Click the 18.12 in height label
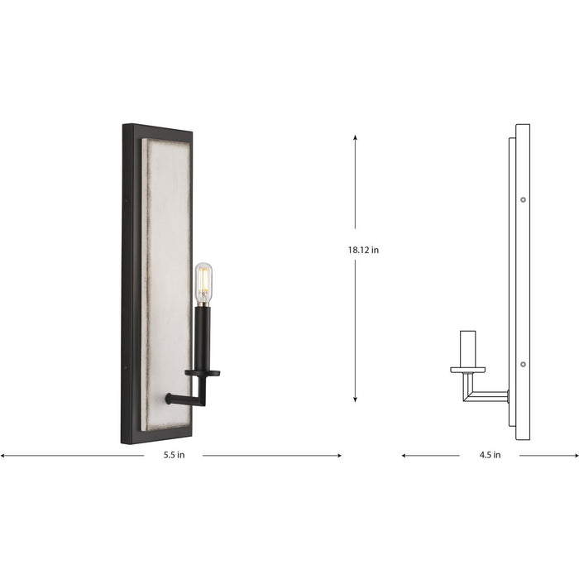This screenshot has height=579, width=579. click(x=364, y=250)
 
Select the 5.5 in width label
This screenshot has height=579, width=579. click(x=175, y=456)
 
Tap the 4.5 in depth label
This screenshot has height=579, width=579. click(x=490, y=456)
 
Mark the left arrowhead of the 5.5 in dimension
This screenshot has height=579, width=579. click(x=3, y=455)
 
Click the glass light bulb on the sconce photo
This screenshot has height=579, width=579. click(x=203, y=283)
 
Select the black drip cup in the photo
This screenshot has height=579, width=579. click(x=203, y=374)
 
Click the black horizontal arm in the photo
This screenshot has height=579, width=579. click(x=184, y=400)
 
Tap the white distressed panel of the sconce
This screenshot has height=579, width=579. click(x=165, y=248)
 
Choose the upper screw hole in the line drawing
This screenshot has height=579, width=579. click(x=523, y=199)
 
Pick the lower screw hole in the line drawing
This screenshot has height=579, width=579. click(x=523, y=364)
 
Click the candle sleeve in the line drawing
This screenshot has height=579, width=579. click(x=468, y=347)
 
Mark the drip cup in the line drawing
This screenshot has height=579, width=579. click(x=468, y=369)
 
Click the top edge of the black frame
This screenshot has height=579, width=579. click(x=157, y=128)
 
